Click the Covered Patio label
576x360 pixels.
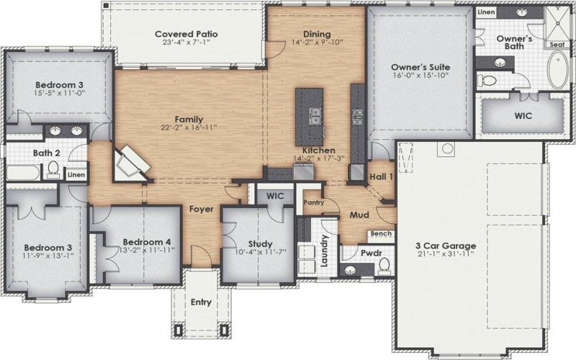tap(186, 34)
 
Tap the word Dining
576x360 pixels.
tap(317, 34)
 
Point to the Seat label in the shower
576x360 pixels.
tap(557, 45)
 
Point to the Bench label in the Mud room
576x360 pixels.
tap(381, 235)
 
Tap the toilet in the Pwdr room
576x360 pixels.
tap(384, 266)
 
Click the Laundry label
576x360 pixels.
tap(325, 251)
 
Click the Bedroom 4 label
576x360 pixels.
tap(146, 242)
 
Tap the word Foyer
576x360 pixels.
tap(200, 210)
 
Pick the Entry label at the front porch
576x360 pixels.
tap(201, 302)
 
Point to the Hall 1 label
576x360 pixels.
tap(379, 176)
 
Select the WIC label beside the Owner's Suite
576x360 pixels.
tap(523, 115)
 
